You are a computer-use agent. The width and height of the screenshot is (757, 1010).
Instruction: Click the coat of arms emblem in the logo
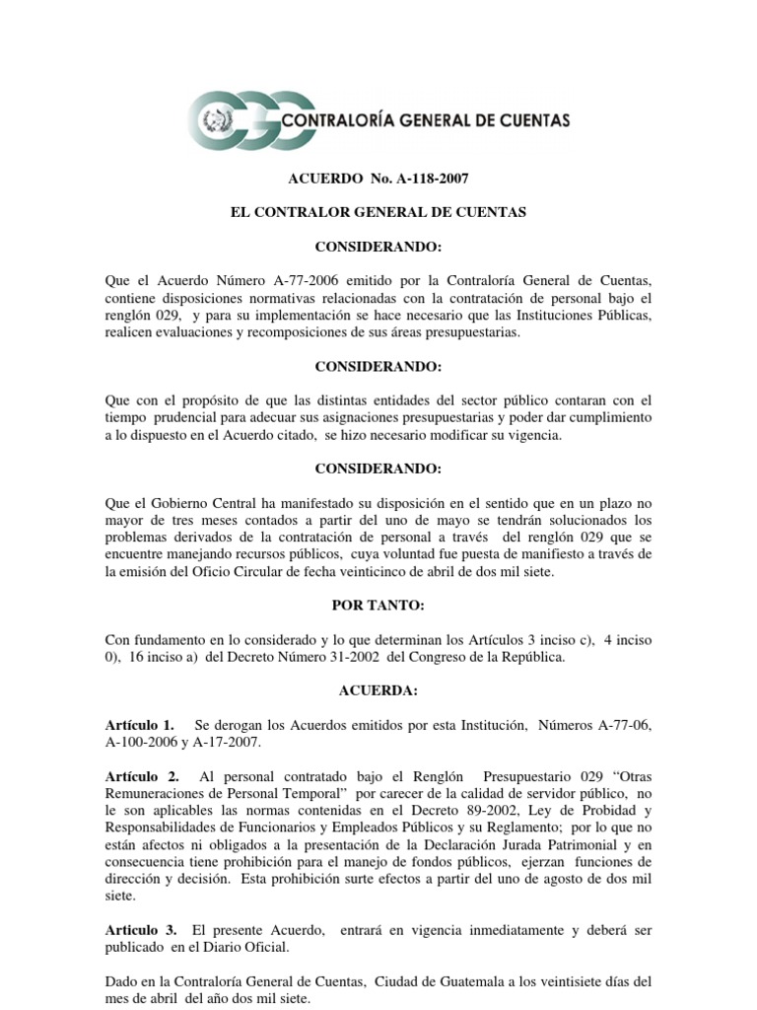point(213,122)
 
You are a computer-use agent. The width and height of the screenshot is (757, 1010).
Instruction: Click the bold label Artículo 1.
point(140,726)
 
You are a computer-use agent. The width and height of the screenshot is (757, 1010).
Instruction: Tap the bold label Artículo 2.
point(140,776)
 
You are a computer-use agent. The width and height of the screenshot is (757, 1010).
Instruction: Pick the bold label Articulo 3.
point(141,929)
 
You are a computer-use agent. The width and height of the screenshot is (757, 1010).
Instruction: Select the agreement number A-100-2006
point(146,744)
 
